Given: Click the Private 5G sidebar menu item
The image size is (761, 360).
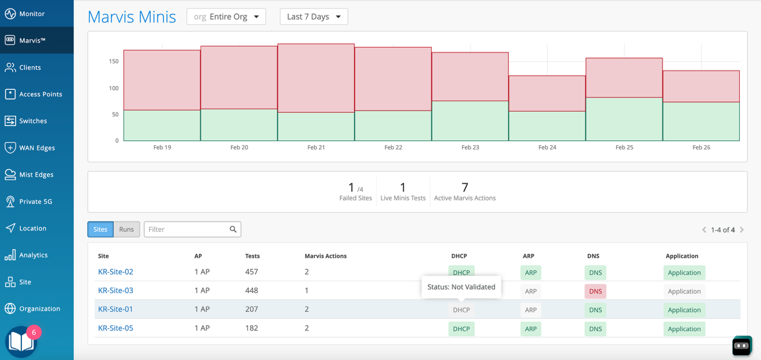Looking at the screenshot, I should [36, 202].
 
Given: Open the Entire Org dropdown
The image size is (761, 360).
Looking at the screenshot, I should [226, 16].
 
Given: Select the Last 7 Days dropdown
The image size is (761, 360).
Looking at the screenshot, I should [314, 16].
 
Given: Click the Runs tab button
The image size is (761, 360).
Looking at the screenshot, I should [127, 229].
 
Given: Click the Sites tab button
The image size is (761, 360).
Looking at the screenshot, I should [100, 229].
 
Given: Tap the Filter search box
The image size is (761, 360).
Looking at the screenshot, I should [187, 229].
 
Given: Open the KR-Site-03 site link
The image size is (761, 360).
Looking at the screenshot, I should [115, 290].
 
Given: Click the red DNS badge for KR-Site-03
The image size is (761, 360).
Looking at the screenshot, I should [595, 291].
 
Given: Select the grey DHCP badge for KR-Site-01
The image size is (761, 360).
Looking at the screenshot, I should [461, 309].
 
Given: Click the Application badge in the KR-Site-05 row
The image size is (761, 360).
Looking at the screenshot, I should [684, 329].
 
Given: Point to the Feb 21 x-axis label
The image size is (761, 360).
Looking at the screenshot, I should [316, 147].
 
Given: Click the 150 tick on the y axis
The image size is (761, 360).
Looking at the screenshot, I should [114, 61].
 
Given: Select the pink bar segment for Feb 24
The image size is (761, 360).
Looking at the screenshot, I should [547, 93].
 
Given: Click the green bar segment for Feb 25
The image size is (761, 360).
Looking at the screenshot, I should [624, 119].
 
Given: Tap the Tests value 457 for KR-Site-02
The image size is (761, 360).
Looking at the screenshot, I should [252, 272].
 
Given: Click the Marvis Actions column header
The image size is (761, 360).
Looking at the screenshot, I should [325, 256].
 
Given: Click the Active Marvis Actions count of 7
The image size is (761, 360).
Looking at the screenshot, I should [465, 187].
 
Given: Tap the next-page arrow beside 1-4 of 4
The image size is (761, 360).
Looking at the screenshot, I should [742, 230].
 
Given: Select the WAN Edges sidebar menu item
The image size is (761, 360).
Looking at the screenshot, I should [37, 148].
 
